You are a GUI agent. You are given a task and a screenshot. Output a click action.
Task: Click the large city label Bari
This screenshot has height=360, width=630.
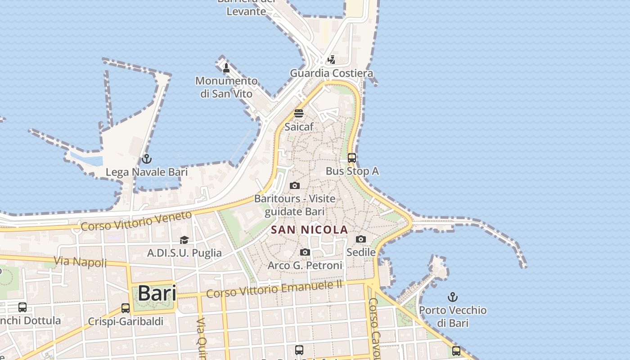(x=157, y=293)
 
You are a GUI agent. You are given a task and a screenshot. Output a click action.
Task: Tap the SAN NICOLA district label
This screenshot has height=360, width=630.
(x=310, y=229)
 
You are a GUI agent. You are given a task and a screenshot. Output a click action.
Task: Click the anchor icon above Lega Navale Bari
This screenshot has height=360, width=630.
(x=146, y=159)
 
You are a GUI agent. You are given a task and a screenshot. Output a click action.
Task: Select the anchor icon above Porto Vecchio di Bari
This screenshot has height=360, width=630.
(x=453, y=297)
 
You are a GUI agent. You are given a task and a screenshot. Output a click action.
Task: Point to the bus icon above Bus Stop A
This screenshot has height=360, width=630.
(x=352, y=158)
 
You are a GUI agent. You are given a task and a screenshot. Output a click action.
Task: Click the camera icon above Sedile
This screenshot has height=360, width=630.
(x=361, y=239)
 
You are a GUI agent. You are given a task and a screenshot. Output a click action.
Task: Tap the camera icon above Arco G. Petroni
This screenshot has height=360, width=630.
(x=305, y=252)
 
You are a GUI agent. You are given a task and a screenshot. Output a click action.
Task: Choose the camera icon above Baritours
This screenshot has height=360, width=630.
(x=295, y=185)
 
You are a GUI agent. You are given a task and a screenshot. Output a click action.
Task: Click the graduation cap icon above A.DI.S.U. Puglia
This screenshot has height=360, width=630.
(x=184, y=240)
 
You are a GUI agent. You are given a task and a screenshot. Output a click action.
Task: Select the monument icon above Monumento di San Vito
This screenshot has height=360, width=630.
(x=226, y=68)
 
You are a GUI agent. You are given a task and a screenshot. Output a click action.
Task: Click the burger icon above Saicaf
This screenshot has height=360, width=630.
(x=299, y=113)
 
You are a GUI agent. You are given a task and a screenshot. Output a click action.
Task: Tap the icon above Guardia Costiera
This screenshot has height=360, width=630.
(x=332, y=59)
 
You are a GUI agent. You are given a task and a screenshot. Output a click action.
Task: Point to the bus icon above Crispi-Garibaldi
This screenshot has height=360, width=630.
(x=126, y=308)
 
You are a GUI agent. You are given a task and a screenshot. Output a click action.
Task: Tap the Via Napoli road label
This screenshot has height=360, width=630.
(x=80, y=261)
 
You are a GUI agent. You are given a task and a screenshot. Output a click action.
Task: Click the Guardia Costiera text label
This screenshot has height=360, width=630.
(x=331, y=73)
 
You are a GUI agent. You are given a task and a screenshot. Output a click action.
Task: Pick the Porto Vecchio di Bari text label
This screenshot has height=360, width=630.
(x=453, y=316)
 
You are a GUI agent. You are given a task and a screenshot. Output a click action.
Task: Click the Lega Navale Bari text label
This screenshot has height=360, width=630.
(x=146, y=172)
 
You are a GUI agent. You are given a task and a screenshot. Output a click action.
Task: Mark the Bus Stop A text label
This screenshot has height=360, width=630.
(x=352, y=171)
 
